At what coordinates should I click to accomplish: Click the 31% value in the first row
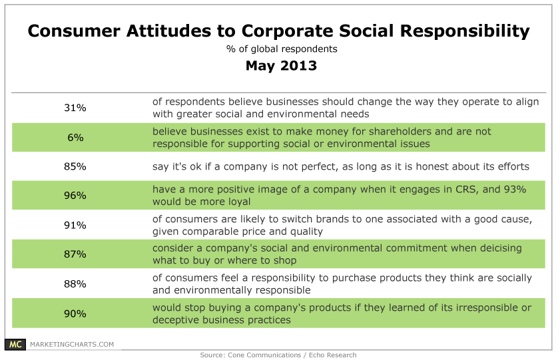click(75, 108)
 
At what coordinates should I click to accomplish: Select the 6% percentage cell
click(75, 138)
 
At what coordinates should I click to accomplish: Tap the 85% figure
click(75, 166)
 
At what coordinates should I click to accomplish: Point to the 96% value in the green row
click(75, 196)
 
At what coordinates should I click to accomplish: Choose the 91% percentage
click(75, 226)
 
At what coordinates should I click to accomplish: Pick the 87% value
click(75, 254)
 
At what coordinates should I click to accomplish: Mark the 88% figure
click(75, 284)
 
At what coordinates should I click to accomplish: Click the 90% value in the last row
click(75, 314)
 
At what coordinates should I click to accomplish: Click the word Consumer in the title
click(74, 31)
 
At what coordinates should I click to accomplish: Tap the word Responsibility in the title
click(465, 31)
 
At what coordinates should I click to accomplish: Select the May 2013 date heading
click(281, 66)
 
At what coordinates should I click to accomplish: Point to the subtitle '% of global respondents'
click(282, 49)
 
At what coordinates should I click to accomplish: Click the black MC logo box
click(15, 344)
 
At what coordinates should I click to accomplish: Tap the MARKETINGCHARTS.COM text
click(72, 345)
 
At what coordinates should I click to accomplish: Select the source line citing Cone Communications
click(278, 355)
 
